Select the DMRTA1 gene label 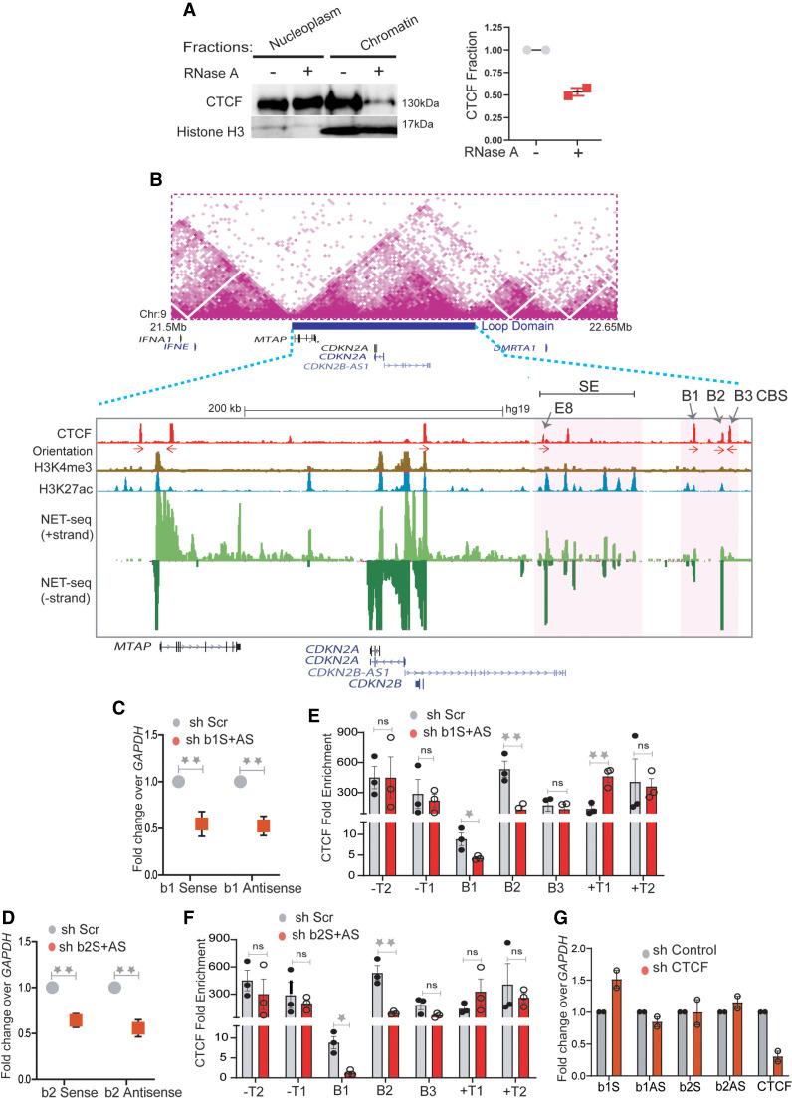coord(516,347)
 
